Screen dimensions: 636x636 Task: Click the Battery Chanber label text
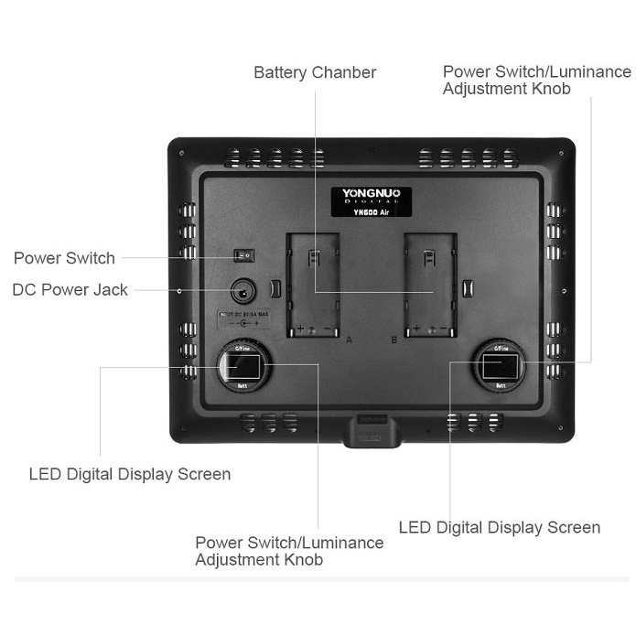point(315,72)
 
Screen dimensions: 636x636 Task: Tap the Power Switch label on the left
point(64,258)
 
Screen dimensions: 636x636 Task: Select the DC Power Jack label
point(70,290)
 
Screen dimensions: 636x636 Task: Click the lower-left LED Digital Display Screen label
point(129,474)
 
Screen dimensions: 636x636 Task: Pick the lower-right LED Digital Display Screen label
point(500,527)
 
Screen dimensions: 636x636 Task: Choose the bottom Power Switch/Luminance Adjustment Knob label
point(289,551)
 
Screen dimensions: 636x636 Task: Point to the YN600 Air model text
point(371,210)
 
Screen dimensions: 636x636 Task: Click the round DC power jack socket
point(243,291)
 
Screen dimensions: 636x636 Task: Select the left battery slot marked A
point(314,284)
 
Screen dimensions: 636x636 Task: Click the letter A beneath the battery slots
point(349,340)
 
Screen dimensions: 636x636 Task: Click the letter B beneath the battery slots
point(393,340)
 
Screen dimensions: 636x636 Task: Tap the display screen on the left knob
point(244,368)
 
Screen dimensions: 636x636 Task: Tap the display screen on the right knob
point(500,368)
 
